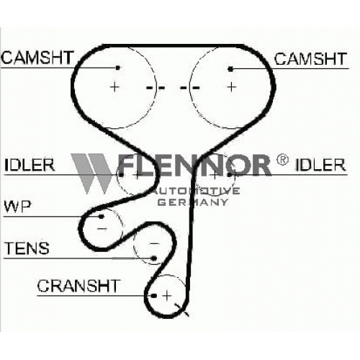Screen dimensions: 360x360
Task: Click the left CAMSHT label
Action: click(x=37, y=58)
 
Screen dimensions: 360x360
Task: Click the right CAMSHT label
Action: click(x=310, y=59)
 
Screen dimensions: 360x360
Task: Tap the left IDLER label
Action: click(x=30, y=165)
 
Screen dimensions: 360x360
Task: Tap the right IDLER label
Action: click(x=320, y=165)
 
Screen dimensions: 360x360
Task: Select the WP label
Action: click(x=18, y=207)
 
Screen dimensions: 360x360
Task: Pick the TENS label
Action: click(x=27, y=248)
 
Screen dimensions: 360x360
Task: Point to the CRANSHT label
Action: click(x=78, y=286)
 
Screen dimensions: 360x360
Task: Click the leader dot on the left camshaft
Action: click(x=118, y=68)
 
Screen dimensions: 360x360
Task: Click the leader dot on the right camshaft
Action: click(x=230, y=69)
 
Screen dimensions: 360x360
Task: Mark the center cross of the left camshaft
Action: click(x=114, y=86)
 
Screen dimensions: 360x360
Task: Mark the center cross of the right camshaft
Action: click(x=232, y=86)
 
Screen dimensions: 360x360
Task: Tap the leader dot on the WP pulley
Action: click(x=102, y=217)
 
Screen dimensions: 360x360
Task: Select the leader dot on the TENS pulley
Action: click(x=154, y=258)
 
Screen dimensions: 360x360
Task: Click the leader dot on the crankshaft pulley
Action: click(x=154, y=296)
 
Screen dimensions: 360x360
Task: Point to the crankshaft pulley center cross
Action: click(x=167, y=295)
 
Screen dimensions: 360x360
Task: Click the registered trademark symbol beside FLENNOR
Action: click(x=282, y=160)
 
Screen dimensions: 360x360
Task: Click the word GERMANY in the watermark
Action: click(x=193, y=202)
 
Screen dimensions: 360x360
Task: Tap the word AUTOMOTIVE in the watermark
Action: click(x=195, y=191)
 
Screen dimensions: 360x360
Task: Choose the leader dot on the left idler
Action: click(x=122, y=175)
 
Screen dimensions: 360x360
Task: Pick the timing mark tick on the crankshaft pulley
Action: click(x=182, y=310)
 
